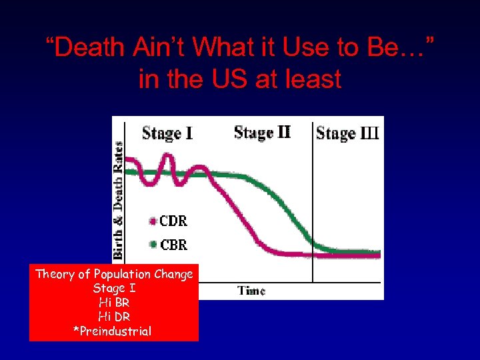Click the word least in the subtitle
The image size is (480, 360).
(x=311, y=79)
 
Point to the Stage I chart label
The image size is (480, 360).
(x=167, y=133)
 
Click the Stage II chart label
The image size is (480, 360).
(x=262, y=132)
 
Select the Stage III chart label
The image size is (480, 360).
(x=347, y=133)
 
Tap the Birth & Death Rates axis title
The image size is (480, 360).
(x=119, y=199)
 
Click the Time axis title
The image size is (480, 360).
(x=251, y=291)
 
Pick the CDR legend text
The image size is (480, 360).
(x=173, y=221)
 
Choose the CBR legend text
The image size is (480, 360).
(x=173, y=245)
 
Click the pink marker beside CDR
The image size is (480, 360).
(x=153, y=221)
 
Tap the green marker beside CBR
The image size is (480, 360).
(x=153, y=245)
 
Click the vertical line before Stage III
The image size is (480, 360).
(x=313, y=200)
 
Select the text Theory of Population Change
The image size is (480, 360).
(x=114, y=274)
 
